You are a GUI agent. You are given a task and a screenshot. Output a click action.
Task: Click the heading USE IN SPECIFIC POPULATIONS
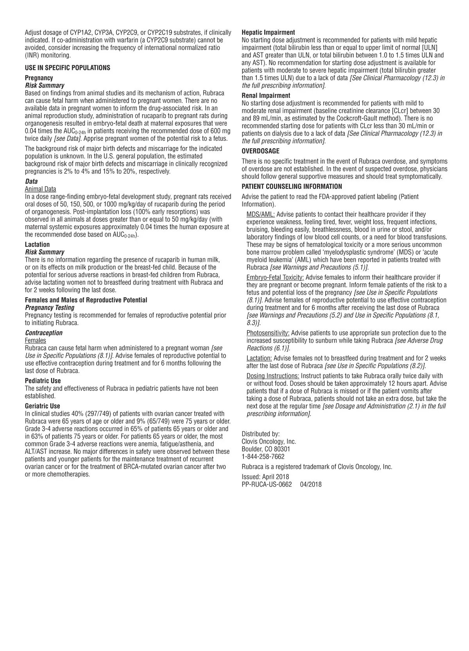[x=67, y=68]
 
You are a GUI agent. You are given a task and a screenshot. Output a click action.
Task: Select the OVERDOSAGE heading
[x=260, y=151]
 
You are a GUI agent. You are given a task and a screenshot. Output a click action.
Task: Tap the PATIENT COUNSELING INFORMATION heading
[x=292, y=187]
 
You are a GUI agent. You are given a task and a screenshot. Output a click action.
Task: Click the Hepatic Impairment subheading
[x=268, y=32]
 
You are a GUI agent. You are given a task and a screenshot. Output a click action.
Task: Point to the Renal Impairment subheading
[x=266, y=96]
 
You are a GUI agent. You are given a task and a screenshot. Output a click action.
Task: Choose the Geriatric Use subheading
[x=42, y=406]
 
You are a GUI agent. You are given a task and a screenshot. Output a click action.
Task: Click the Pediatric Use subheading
[x=43, y=381]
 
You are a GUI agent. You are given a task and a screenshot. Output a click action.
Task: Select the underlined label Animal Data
[x=40, y=189]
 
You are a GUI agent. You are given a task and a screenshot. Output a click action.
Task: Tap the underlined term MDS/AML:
[x=260, y=214]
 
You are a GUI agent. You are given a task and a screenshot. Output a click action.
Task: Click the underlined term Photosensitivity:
[x=268, y=333]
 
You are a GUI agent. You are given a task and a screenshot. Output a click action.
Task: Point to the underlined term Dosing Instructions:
[x=272, y=376]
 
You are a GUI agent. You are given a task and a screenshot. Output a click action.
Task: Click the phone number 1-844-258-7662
[x=263, y=457]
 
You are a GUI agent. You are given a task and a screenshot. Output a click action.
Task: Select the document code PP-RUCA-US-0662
[x=267, y=484]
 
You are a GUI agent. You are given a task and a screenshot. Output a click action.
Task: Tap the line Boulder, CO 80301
[x=266, y=449]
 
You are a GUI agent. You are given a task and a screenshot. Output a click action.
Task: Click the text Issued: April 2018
[x=265, y=477]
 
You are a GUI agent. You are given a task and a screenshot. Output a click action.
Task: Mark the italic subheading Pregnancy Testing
[x=50, y=308]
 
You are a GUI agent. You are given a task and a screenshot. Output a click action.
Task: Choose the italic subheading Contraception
[x=44, y=333]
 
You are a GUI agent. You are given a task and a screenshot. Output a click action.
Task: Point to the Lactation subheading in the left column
[x=37, y=245]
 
